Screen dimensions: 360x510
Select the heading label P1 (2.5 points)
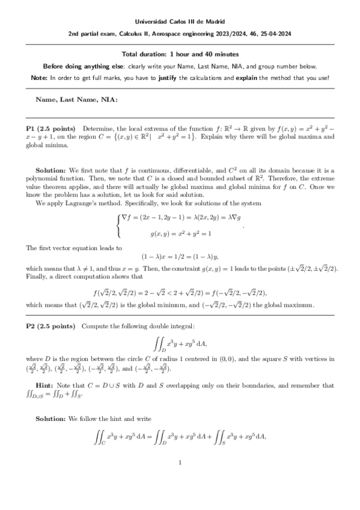[50, 129]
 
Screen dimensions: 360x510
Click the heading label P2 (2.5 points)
[50, 325]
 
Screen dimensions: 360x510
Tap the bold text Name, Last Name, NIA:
[77, 98]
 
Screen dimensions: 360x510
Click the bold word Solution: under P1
[51, 171]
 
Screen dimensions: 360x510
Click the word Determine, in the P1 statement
[99, 129]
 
